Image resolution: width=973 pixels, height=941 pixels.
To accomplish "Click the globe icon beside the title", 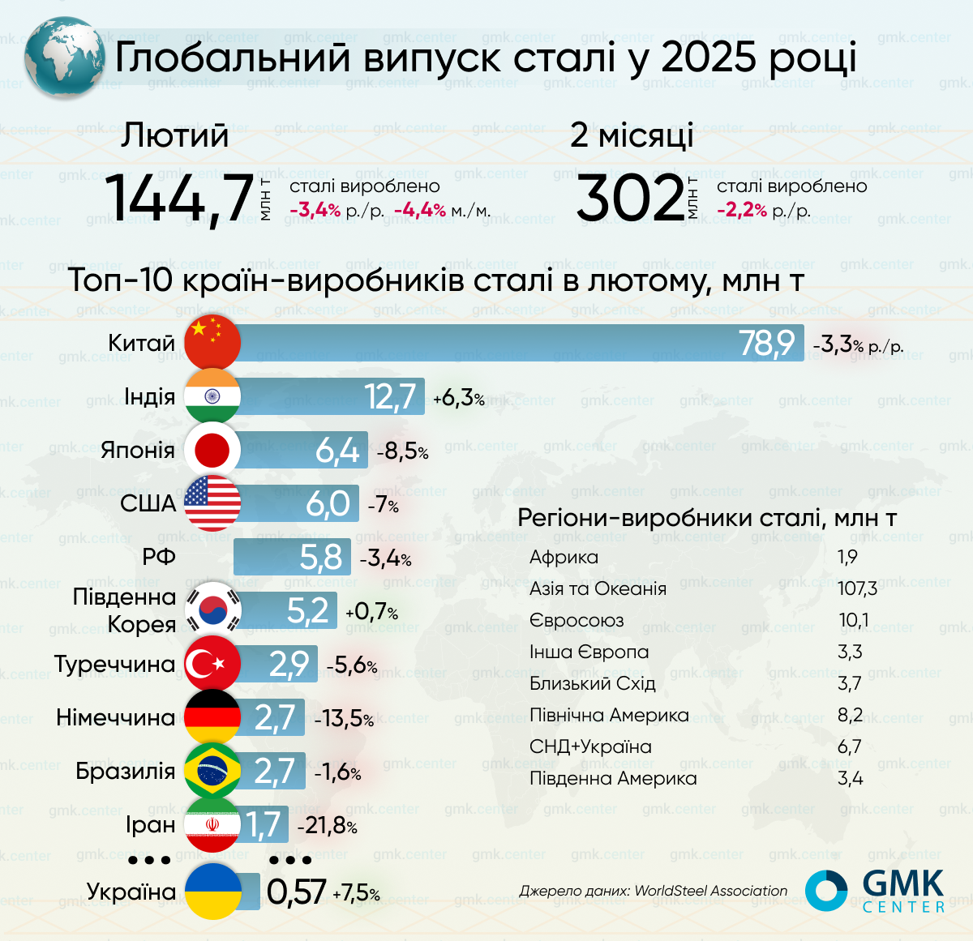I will pos(64,58).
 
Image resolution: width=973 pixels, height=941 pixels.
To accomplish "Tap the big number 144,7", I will pos(180,198).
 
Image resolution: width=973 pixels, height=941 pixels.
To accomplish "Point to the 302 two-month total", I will pos(631,199).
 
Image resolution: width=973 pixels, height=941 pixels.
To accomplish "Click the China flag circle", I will pos(212,342).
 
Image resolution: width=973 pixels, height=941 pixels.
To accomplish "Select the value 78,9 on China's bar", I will pos(766,343).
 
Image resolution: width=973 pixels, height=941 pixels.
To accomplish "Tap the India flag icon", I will pos(212,396).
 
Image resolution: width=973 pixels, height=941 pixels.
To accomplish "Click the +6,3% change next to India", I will pos(459,398).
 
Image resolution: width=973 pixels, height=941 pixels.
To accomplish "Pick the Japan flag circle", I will pos(212,450).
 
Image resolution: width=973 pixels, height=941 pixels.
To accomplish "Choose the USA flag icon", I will pos(212,503).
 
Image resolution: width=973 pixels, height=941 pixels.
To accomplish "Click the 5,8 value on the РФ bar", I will pos(321,558).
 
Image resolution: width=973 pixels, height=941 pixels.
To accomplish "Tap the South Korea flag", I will pos(213,610).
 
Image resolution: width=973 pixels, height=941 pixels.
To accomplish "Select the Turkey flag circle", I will pos(212,665).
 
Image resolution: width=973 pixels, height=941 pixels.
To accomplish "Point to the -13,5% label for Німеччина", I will pos(344,718).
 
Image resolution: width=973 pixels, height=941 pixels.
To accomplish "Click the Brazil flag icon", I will pos(212,771).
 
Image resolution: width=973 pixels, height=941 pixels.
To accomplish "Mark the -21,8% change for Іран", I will pos(328,826).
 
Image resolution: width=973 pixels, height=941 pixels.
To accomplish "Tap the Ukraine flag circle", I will pos(212,891).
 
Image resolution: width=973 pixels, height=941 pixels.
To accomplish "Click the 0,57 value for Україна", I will pos(296,892).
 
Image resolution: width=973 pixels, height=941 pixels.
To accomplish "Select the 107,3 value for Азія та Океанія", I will pos(857,588).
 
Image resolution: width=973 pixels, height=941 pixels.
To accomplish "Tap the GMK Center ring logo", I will pos(825,890).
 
